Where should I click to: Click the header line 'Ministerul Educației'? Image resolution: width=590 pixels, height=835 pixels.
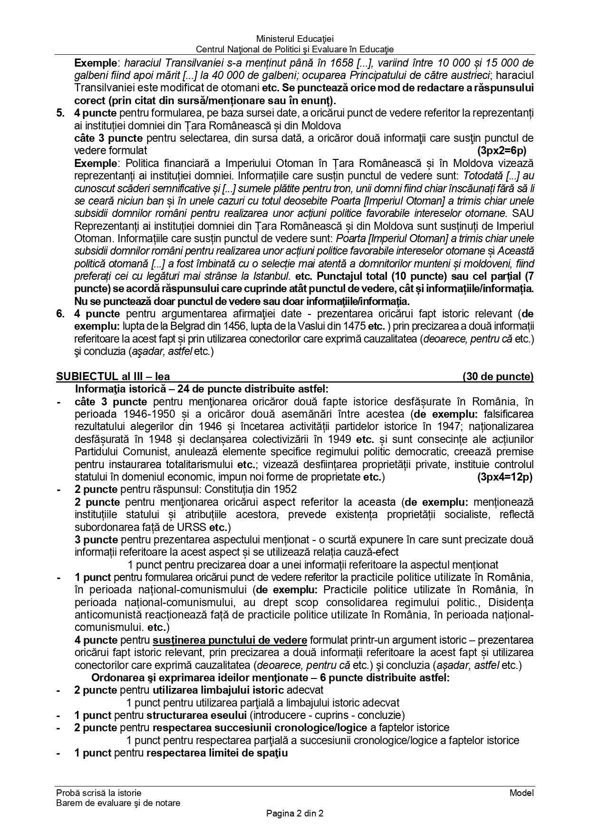(295, 39)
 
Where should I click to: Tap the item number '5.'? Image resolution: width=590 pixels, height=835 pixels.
(60, 113)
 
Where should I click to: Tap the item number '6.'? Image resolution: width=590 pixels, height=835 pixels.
(60, 314)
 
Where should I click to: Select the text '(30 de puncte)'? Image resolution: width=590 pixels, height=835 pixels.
(498, 376)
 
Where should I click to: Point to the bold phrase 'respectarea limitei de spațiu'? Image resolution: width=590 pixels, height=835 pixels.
(217, 753)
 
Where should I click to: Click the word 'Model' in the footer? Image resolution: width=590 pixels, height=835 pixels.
(522, 793)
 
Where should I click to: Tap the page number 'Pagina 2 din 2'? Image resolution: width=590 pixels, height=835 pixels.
(295, 814)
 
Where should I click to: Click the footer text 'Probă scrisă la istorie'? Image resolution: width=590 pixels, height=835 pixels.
(98, 793)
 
